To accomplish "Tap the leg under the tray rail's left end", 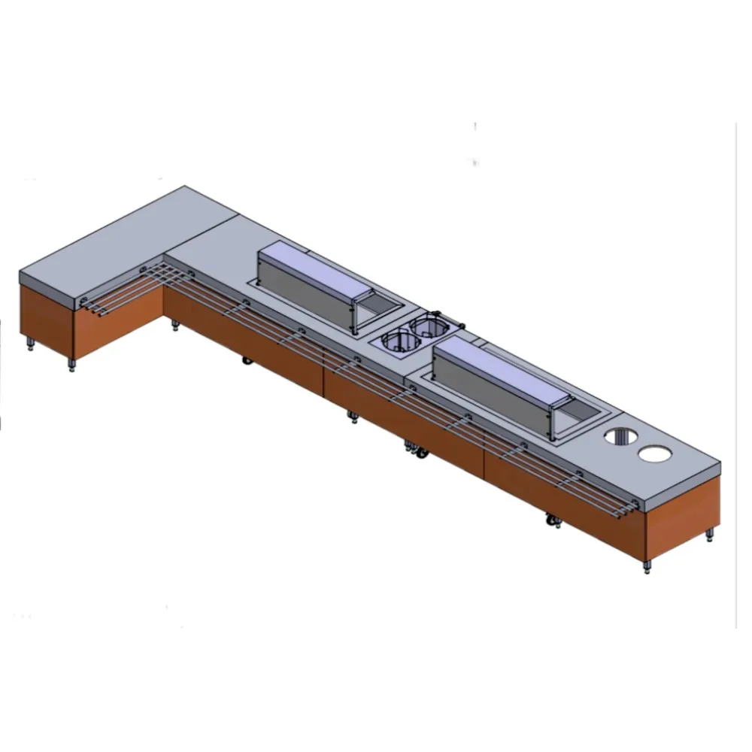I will click(72, 366).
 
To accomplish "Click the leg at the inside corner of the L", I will click(175, 326).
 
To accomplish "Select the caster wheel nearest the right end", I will click(552, 520).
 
